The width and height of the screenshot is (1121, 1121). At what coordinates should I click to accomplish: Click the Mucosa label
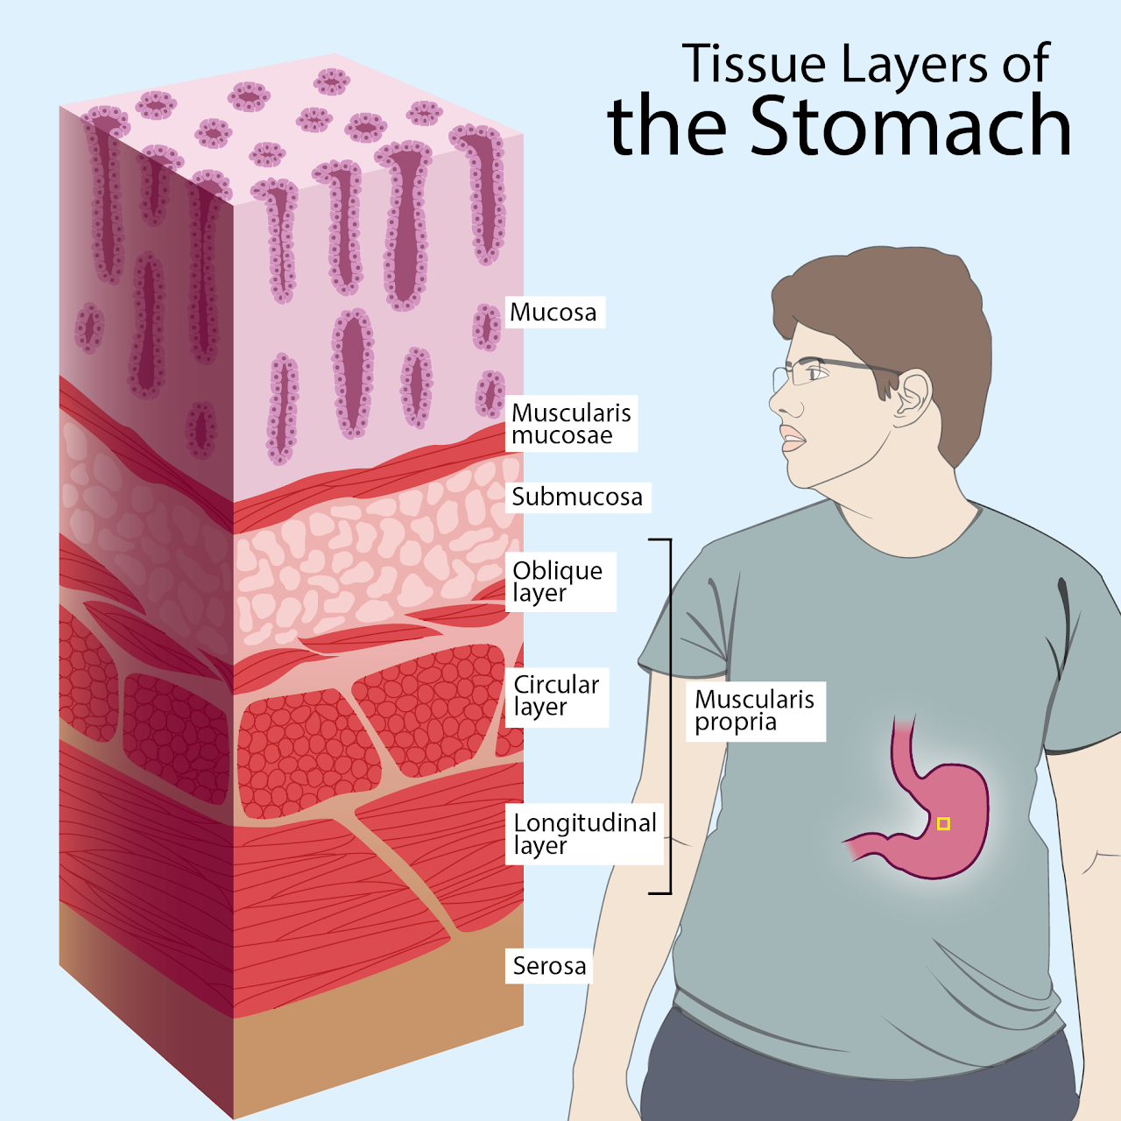[553, 313]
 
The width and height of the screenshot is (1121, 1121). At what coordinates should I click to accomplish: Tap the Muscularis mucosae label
[571, 424]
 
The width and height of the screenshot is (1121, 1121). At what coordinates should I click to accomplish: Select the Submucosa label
[577, 497]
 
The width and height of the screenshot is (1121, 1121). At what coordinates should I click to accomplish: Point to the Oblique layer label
[559, 582]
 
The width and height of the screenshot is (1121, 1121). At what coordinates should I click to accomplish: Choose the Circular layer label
[556, 695]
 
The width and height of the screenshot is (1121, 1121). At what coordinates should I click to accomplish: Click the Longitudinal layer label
[585, 834]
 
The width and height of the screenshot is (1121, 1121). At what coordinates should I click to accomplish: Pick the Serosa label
[549, 966]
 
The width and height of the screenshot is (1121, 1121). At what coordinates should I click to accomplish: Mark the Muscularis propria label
[755, 710]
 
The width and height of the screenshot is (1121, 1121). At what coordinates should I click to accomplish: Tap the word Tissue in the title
[754, 65]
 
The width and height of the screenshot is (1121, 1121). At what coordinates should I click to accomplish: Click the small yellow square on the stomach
[943, 823]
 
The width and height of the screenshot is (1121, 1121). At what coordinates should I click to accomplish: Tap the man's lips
[793, 439]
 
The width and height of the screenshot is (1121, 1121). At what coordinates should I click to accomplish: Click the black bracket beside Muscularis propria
[670, 716]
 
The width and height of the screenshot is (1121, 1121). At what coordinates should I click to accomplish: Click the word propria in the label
[736, 723]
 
